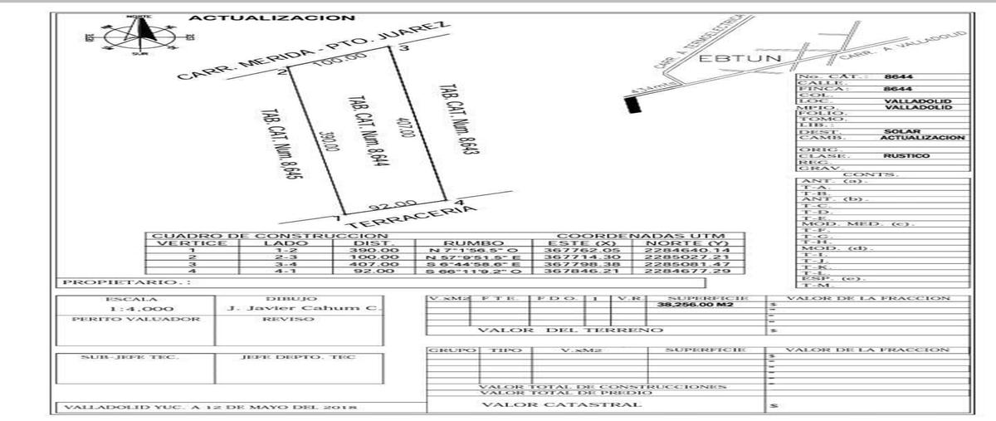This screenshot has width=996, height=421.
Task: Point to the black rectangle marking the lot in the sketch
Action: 633,105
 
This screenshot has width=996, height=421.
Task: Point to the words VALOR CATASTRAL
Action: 561,404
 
